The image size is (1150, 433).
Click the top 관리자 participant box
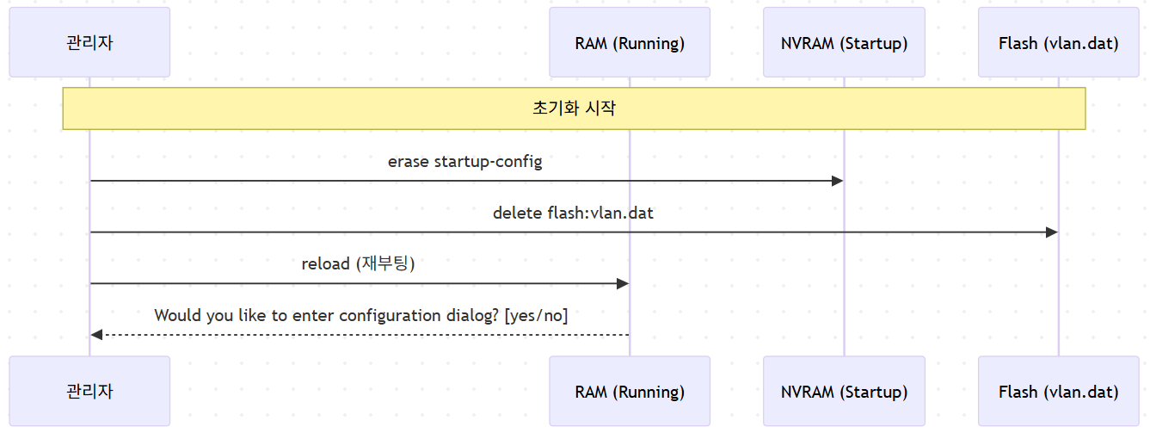point(89,42)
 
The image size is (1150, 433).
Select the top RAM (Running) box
point(630,42)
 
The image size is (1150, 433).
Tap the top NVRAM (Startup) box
point(844,42)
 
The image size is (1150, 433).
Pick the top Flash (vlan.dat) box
point(1059,42)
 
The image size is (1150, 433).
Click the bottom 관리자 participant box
point(89,391)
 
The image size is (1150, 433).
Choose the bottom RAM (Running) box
point(630,391)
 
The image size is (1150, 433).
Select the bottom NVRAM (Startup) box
point(844,391)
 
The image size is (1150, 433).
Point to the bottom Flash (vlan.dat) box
point(1059,391)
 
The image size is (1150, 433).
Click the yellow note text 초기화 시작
point(574,108)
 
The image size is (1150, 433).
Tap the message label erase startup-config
point(464,162)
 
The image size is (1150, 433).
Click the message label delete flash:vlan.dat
point(573,213)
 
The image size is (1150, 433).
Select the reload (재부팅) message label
point(358,263)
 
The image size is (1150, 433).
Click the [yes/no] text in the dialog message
point(536,315)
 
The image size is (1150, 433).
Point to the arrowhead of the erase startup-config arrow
point(838,181)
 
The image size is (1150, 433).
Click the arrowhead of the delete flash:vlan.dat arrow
point(1052,232)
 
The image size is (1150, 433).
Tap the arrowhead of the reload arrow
point(623,283)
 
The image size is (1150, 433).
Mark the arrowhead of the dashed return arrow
point(96,335)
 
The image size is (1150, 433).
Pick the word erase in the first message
point(409,162)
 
